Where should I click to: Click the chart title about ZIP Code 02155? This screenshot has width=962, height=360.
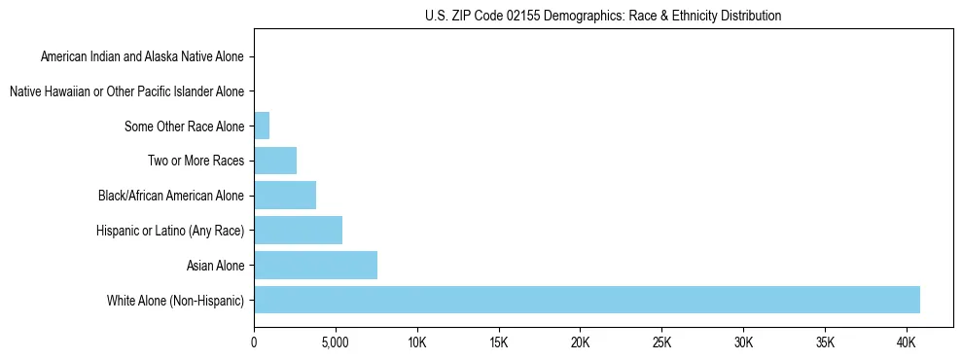point(603,16)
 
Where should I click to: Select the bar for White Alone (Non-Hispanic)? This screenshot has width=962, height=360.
point(587,300)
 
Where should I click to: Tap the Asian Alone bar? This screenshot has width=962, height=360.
point(315,265)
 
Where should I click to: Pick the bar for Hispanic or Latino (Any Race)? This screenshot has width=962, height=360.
point(298,231)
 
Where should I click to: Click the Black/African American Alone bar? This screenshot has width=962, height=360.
point(285,196)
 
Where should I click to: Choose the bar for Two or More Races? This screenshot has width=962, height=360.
point(275,161)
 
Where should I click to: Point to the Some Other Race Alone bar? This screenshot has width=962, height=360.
point(262,126)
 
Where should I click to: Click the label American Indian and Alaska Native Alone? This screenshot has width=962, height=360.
point(142,57)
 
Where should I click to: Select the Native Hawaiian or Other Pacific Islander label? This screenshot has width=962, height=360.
point(126,92)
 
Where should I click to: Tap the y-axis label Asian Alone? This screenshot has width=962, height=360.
point(215,266)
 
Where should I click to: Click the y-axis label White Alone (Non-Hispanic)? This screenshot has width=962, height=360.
point(176,301)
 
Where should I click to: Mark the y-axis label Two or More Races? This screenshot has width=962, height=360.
point(196,162)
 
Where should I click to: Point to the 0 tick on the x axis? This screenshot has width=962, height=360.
point(254,342)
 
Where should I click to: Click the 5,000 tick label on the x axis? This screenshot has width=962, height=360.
point(336,342)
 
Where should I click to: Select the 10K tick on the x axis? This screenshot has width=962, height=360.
point(417,342)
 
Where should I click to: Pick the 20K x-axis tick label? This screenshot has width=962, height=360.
point(581,342)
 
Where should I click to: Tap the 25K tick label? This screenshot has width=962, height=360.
point(662,342)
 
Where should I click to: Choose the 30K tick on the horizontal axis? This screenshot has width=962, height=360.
point(744,342)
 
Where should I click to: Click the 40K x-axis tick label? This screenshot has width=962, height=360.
point(907,342)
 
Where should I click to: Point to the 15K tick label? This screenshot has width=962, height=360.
point(499,342)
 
